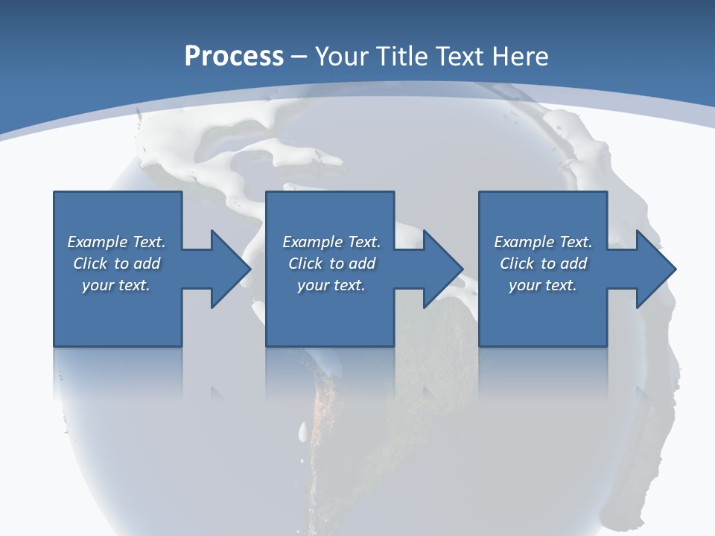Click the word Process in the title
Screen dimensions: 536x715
pyautogui.click(x=234, y=57)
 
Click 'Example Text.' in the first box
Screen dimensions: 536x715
pyautogui.click(x=116, y=242)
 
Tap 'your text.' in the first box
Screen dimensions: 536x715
pyautogui.click(x=116, y=285)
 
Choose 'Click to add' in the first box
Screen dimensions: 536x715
pyautogui.click(x=116, y=264)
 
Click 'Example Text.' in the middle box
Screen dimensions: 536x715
pyautogui.click(x=331, y=242)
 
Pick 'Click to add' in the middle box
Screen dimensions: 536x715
pyautogui.click(x=331, y=264)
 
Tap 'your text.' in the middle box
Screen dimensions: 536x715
pyautogui.click(x=331, y=285)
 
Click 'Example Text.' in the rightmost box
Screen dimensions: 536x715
pyautogui.click(x=543, y=242)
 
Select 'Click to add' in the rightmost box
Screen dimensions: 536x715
pyautogui.click(x=543, y=264)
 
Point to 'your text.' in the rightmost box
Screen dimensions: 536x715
pyautogui.click(x=543, y=285)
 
